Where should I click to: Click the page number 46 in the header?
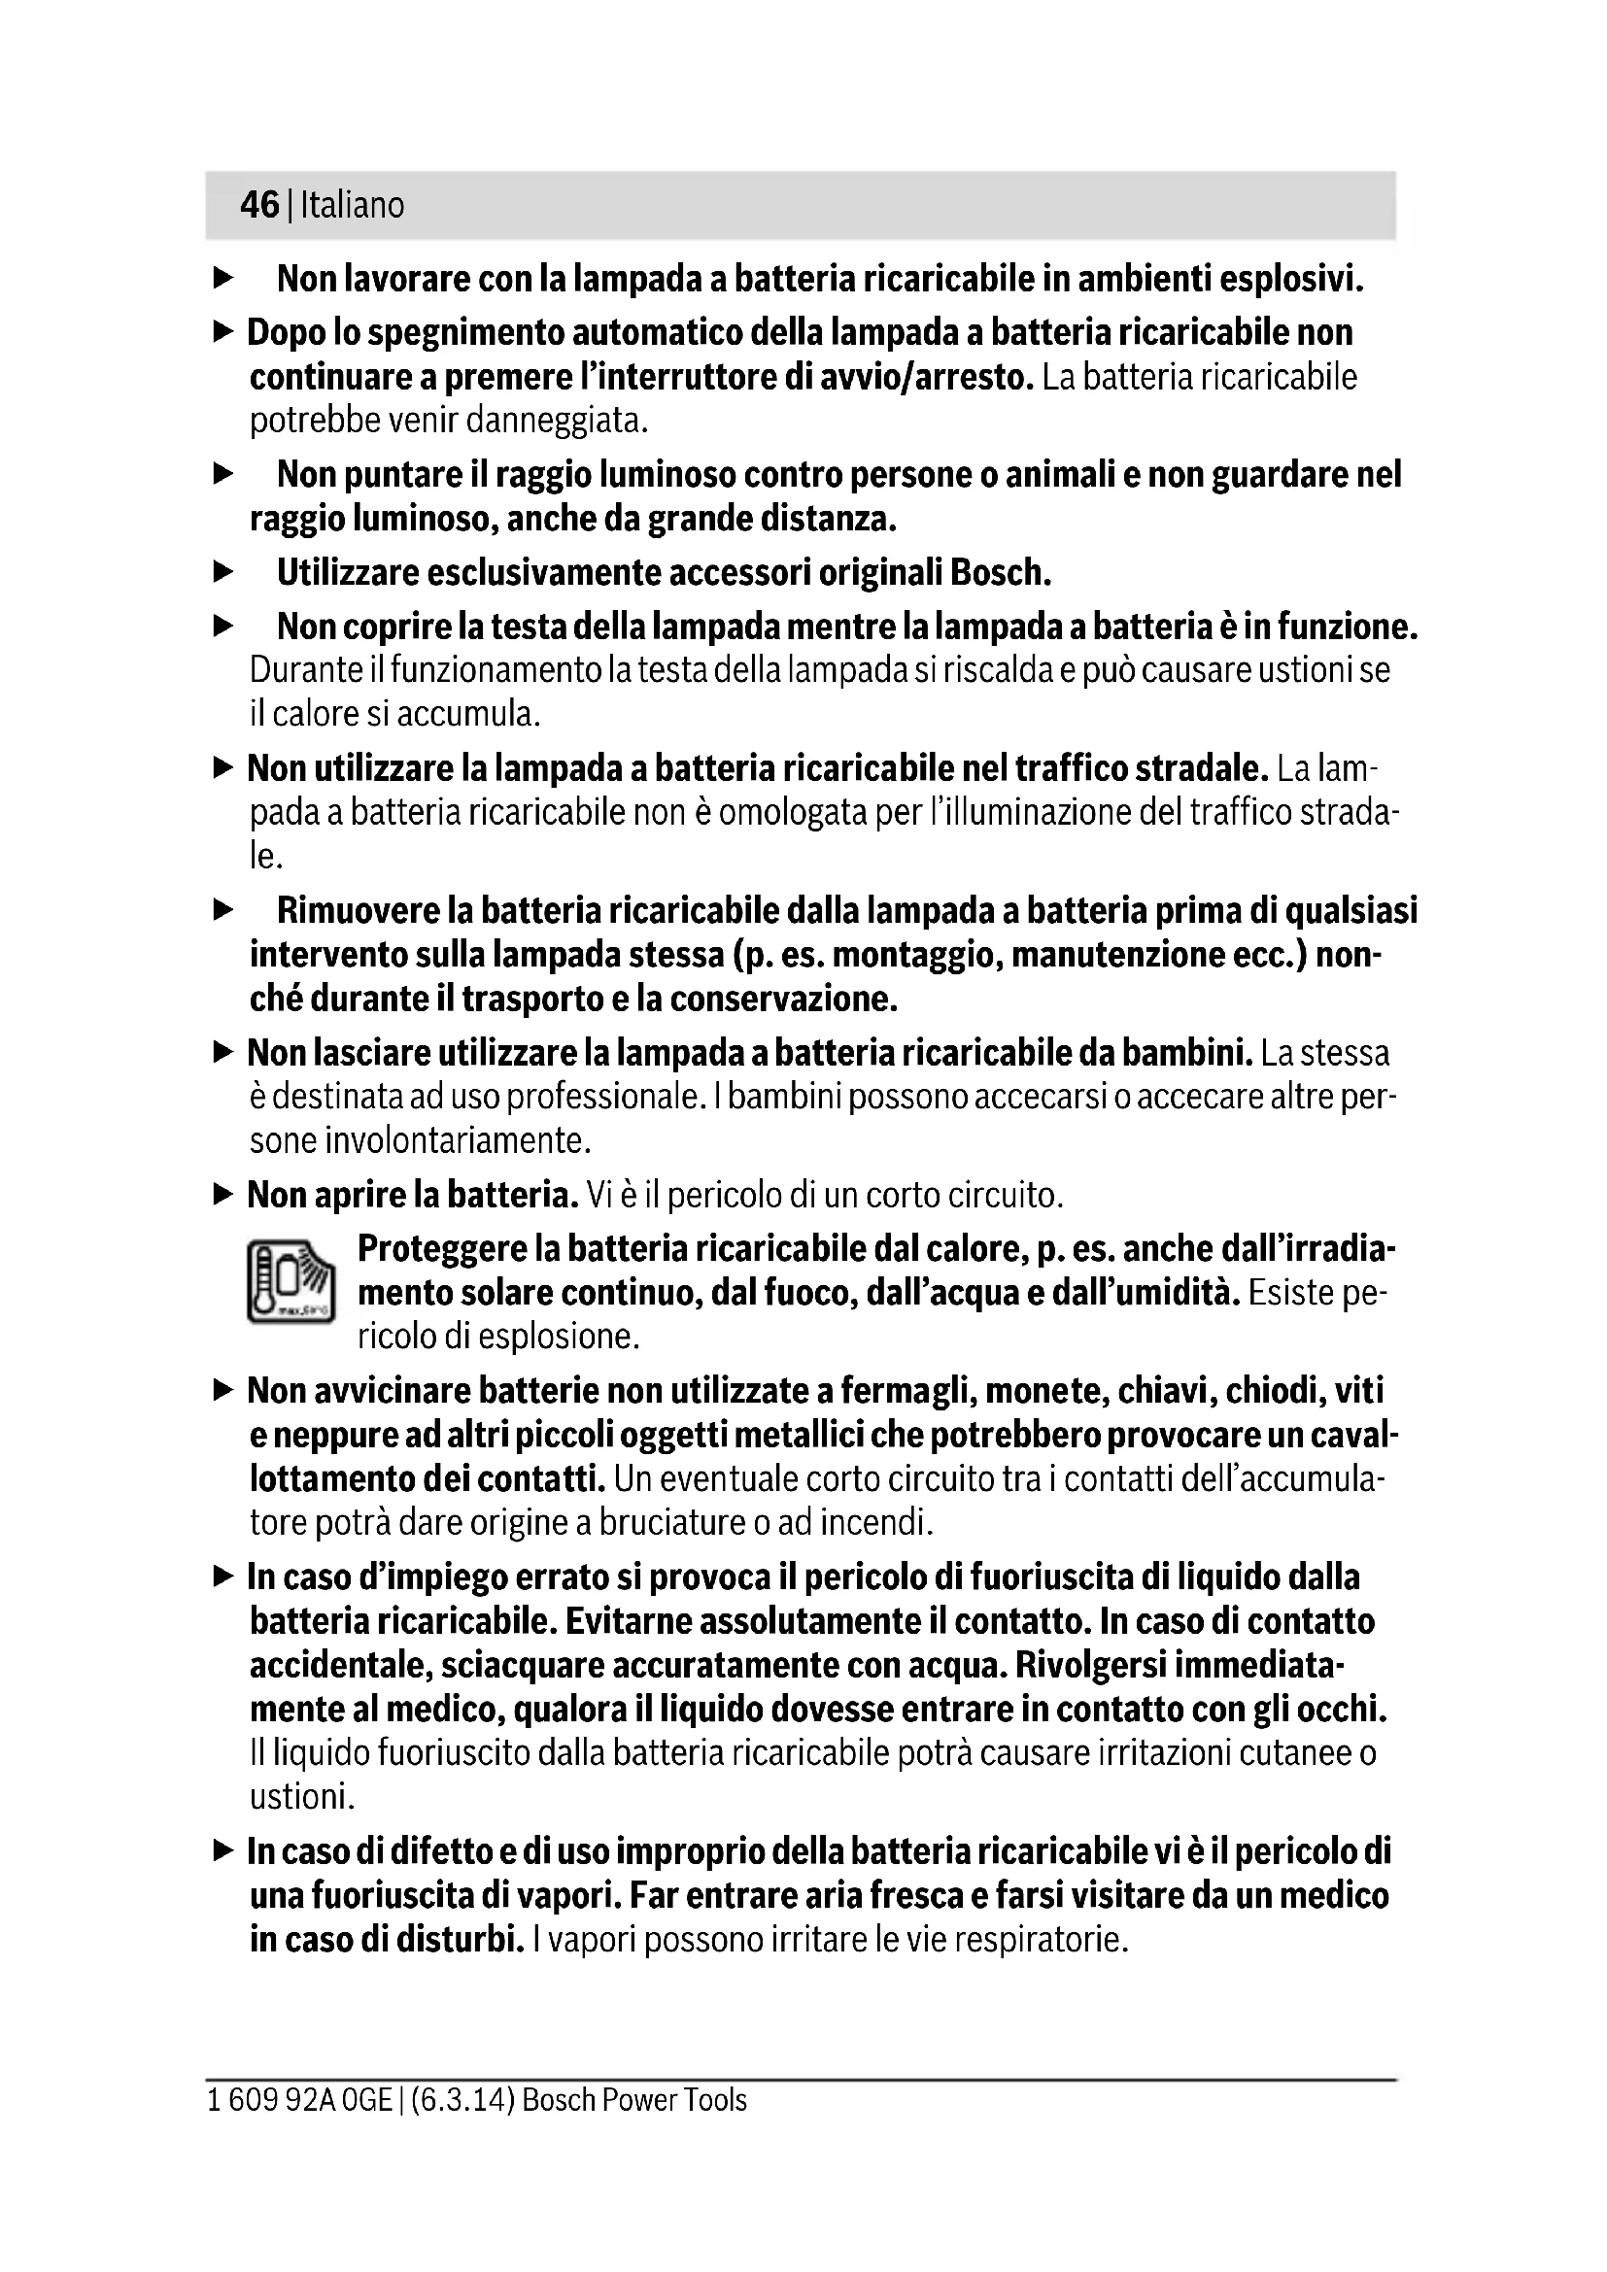point(259,205)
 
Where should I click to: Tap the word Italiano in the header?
point(353,205)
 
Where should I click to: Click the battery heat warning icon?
point(291,1282)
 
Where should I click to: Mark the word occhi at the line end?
point(1340,1709)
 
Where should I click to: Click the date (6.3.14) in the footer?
point(462,2101)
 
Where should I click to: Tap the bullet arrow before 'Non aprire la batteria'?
point(223,1195)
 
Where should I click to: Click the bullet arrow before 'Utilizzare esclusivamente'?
point(223,572)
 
